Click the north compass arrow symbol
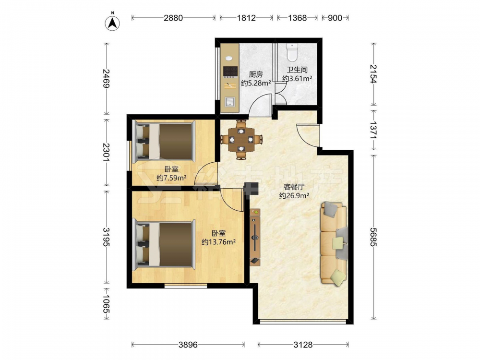pyautogui.click(x=112, y=23)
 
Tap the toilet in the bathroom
pyautogui.click(x=292, y=52)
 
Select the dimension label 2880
pyautogui.click(x=173, y=18)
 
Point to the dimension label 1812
pyautogui.click(x=246, y=18)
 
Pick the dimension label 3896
pyautogui.click(x=188, y=345)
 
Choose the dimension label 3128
pyautogui.click(x=303, y=345)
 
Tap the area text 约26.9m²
pyautogui.click(x=294, y=196)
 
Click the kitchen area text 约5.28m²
pyautogui.click(x=256, y=83)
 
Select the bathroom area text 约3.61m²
pyautogui.click(x=297, y=78)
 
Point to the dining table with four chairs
pyautogui.click(x=241, y=140)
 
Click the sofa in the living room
pyautogui.click(x=334, y=244)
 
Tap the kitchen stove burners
pyautogui.click(x=230, y=72)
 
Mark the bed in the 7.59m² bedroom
pyautogui.click(x=164, y=141)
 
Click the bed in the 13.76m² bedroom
pyautogui.click(x=164, y=244)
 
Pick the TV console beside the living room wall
pyautogui.click(x=255, y=237)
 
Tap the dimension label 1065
pyautogui.click(x=106, y=304)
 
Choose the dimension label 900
pyautogui.click(x=335, y=18)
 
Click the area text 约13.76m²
pyautogui.click(x=218, y=242)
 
